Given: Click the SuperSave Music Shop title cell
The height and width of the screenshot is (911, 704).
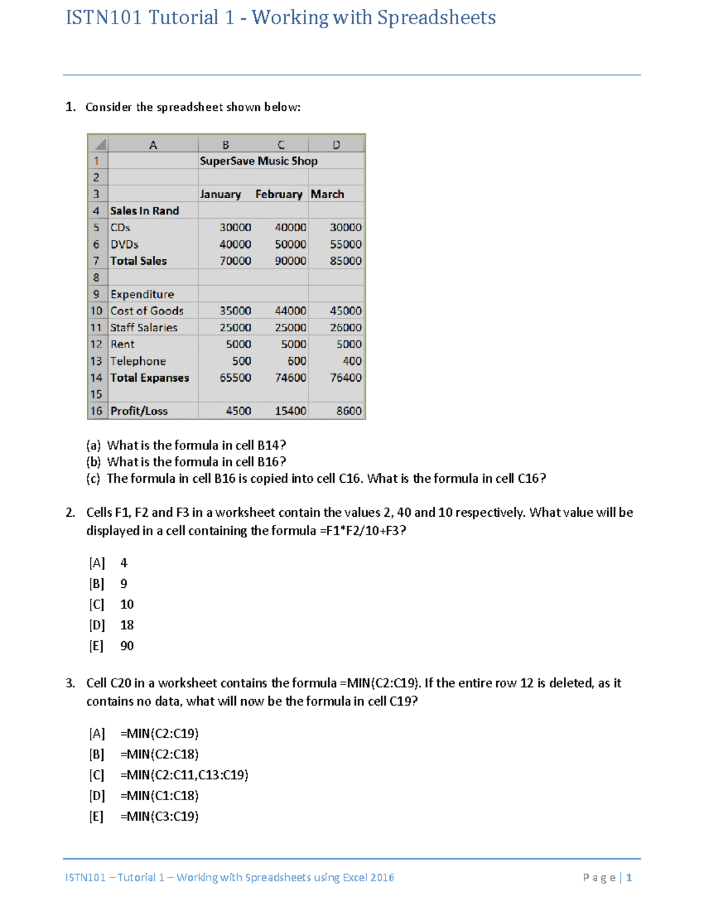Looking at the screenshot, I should point(258,161).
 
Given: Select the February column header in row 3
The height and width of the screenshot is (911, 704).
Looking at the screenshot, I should point(279,194).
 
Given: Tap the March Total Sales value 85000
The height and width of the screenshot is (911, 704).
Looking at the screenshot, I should point(346,260).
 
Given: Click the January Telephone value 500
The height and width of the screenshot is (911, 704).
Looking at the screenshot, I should point(241,361).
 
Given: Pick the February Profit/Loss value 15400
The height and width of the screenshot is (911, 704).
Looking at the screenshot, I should point(290,411).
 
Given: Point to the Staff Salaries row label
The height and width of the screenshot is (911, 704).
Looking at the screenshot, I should point(144,327).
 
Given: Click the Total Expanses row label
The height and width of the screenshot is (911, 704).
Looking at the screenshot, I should point(150,378).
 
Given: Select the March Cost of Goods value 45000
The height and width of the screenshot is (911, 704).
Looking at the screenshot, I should point(346,311).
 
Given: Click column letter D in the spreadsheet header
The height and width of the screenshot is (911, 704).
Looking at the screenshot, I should point(336,145).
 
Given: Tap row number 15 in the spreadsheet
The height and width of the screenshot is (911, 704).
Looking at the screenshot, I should point(96,394).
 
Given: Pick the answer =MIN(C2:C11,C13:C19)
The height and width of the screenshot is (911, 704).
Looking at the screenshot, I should point(184,775).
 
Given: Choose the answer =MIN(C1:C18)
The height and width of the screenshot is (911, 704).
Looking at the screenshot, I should point(160,796).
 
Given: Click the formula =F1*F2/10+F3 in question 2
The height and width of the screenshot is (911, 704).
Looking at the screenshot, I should point(360,531).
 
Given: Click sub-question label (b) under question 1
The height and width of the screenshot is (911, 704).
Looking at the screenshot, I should point(93,462).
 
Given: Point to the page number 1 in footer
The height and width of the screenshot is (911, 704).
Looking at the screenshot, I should point(629,878).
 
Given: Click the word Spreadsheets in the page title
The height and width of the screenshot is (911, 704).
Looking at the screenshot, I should point(436,18).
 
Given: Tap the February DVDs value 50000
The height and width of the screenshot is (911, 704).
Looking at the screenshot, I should point(290,244).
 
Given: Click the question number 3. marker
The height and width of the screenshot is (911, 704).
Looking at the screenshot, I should point(70,683).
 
